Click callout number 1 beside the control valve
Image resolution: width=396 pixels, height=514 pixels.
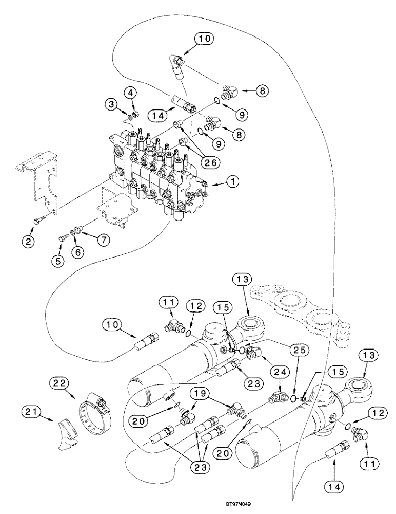pyautogui.click(x=233, y=181)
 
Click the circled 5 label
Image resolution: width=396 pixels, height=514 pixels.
pyautogui.click(x=58, y=261)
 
